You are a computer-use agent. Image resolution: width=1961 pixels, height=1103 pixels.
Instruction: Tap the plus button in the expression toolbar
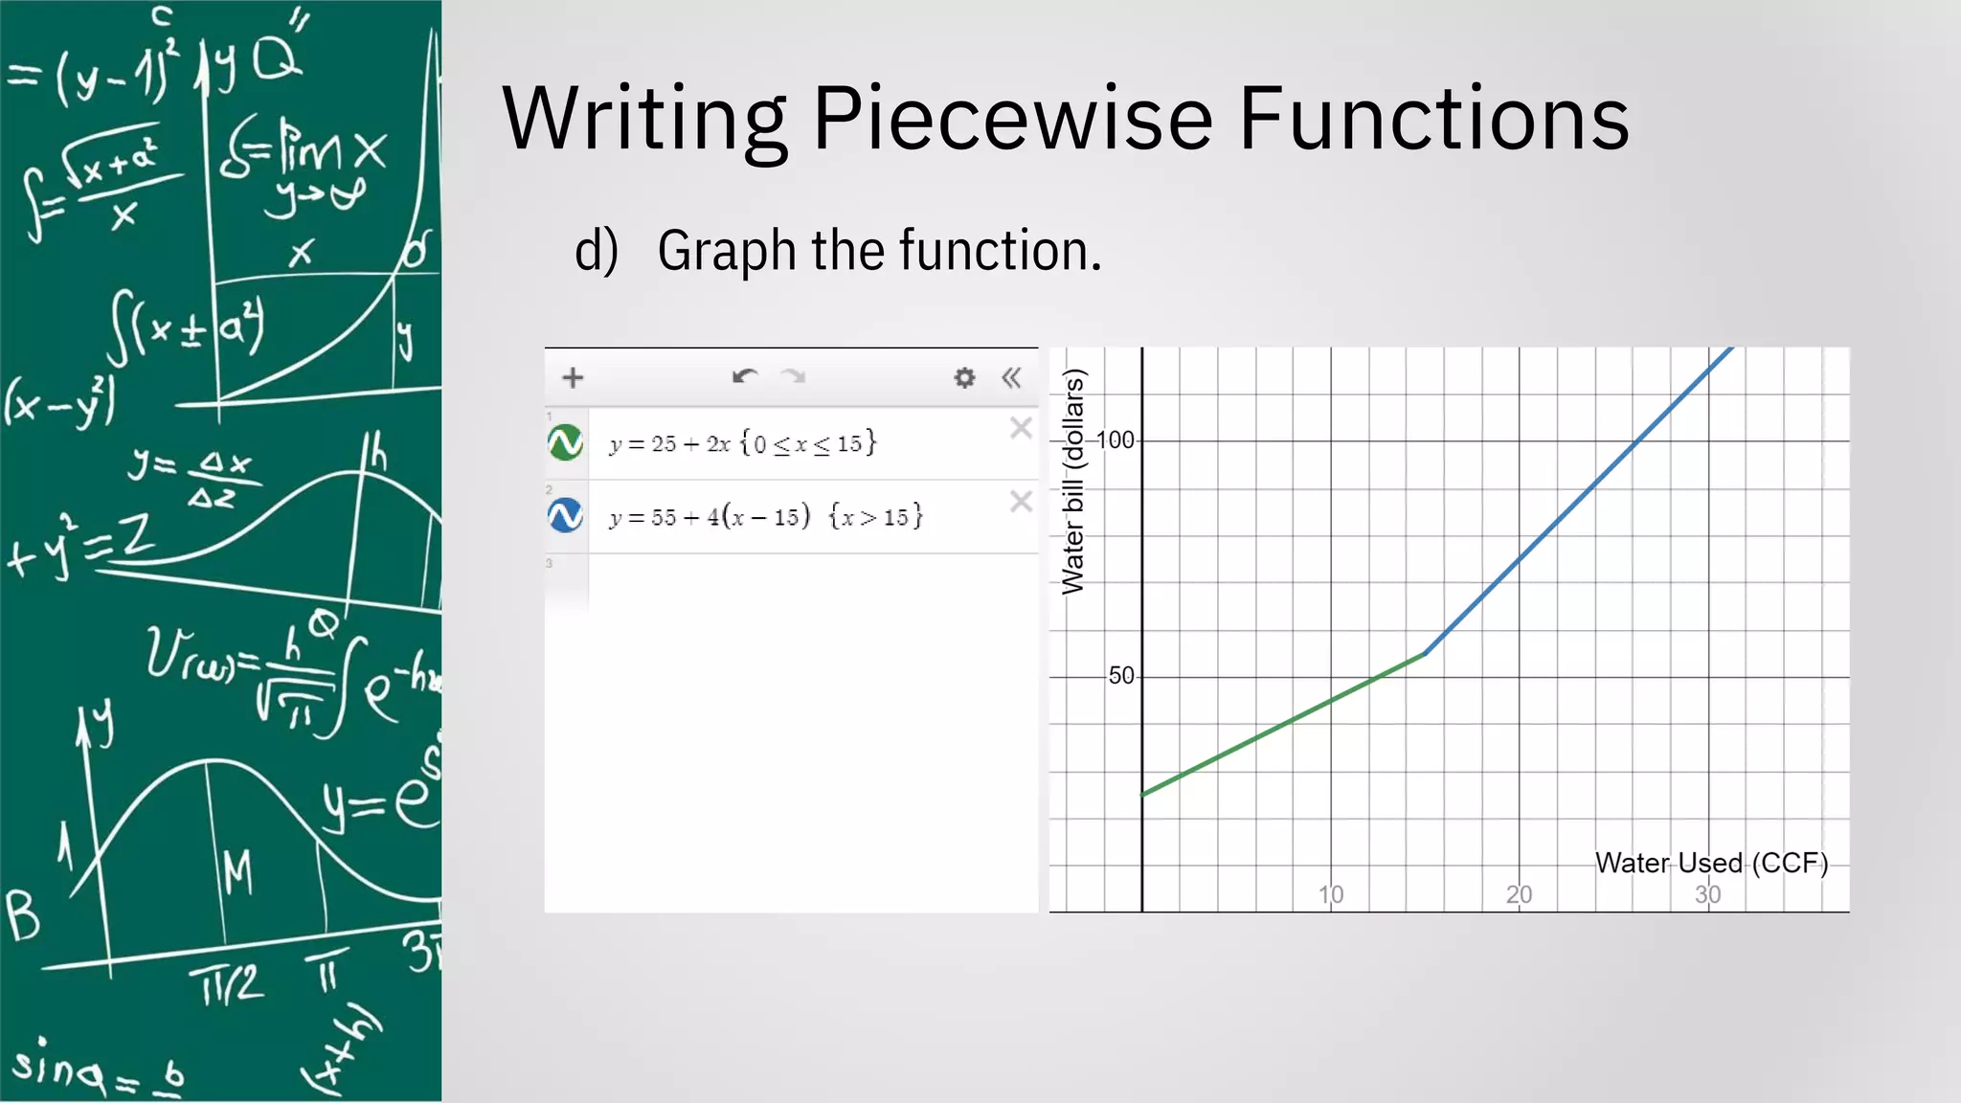573,377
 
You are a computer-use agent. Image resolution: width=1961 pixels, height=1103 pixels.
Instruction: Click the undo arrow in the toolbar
744,376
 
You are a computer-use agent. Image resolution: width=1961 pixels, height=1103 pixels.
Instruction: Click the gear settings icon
964,377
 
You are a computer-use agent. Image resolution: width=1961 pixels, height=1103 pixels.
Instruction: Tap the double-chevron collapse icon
1011,377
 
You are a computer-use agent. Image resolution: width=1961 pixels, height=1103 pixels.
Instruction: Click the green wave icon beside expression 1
566,442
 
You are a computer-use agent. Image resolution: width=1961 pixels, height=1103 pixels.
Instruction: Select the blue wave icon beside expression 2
566,515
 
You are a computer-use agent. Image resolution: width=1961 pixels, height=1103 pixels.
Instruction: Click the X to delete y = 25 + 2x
1021,428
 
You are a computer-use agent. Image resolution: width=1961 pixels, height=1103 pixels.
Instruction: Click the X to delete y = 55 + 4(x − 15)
1021,501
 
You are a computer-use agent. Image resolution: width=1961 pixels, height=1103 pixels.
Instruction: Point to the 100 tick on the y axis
1115,440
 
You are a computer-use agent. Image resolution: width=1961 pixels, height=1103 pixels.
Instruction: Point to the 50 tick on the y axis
1120,676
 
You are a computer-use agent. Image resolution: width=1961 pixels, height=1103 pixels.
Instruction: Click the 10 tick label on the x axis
1331,894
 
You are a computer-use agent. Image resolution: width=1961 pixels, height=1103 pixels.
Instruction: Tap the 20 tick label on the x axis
1519,894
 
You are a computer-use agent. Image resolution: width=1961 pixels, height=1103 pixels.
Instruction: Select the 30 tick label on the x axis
1707,894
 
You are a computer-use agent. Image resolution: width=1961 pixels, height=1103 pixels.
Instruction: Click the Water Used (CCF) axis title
1711,863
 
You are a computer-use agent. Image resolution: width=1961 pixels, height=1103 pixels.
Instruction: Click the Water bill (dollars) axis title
1073,482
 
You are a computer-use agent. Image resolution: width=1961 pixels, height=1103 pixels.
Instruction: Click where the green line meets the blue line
1426,653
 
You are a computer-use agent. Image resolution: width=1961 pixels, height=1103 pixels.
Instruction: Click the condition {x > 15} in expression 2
875,517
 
